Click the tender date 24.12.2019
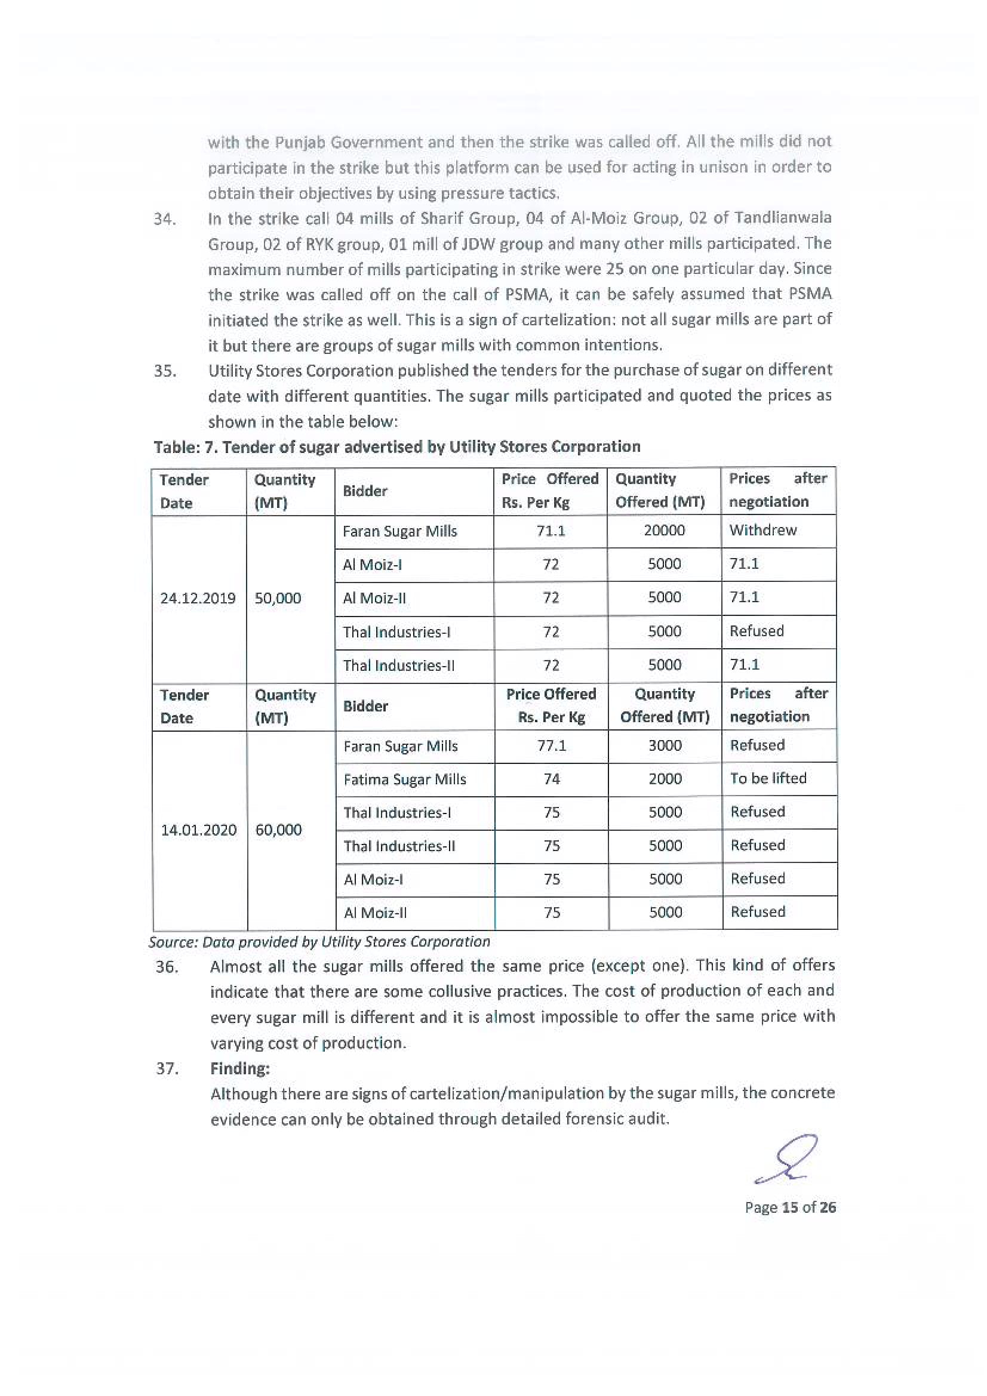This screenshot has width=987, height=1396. point(198,598)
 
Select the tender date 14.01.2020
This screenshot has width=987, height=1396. point(198,830)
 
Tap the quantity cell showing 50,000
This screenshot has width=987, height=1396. point(278,598)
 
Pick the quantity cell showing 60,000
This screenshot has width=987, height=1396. point(278,830)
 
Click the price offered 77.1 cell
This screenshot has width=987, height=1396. point(552,745)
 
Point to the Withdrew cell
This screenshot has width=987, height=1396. point(762,530)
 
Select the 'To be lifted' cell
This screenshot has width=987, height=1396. point(768,778)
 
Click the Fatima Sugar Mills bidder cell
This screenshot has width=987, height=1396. point(404,779)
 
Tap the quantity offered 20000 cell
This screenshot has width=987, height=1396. point(664,530)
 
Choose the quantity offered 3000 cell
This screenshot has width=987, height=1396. point(665,745)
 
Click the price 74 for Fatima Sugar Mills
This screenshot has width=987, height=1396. point(552,779)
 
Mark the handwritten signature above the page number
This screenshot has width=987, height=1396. point(786,1159)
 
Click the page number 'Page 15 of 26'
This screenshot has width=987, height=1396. point(790,1207)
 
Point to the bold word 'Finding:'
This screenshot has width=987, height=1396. point(239,1068)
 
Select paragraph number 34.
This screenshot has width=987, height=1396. point(165,219)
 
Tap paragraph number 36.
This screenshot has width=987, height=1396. point(167,967)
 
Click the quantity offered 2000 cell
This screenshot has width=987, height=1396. point(665,779)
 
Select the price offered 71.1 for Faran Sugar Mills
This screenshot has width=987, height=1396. point(551,531)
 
